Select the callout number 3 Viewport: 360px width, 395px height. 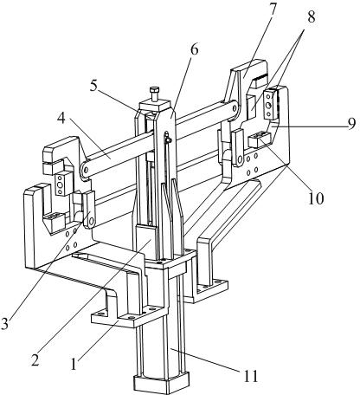(x=4, y=324)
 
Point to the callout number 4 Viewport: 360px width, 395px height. (x=61, y=119)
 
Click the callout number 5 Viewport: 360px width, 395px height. (x=94, y=86)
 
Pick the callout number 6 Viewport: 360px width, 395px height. (x=195, y=49)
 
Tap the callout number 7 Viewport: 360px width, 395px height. (x=272, y=10)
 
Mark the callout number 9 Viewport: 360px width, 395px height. (x=351, y=124)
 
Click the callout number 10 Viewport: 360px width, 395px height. (x=316, y=198)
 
